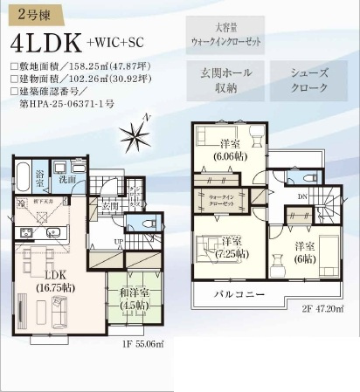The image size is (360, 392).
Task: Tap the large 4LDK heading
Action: click(46, 42)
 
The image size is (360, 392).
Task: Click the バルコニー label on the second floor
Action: click(240, 295)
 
